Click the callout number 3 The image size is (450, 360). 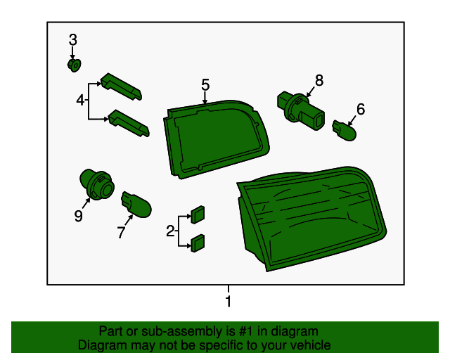(73, 39)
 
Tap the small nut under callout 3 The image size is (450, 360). (75, 65)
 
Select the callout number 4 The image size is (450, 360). (80, 101)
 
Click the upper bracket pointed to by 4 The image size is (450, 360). (121, 86)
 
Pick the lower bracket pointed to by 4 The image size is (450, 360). (129, 123)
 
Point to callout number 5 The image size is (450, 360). (205, 84)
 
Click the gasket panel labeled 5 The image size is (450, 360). (217, 139)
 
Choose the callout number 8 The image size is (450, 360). (319, 80)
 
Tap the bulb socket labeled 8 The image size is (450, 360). (301, 110)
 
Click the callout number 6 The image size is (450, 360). (361, 109)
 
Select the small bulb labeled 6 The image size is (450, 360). (345, 131)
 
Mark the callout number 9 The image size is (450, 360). (78, 216)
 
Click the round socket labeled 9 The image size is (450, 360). (97, 185)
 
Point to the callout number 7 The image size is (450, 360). (121, 232)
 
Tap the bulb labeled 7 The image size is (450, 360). (136, 204)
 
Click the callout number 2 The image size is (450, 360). (170, 231)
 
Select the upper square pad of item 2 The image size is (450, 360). (198, 214)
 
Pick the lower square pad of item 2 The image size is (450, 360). (198, 243)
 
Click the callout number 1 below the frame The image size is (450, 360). (228, 302)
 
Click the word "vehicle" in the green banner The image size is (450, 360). (311, 345)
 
